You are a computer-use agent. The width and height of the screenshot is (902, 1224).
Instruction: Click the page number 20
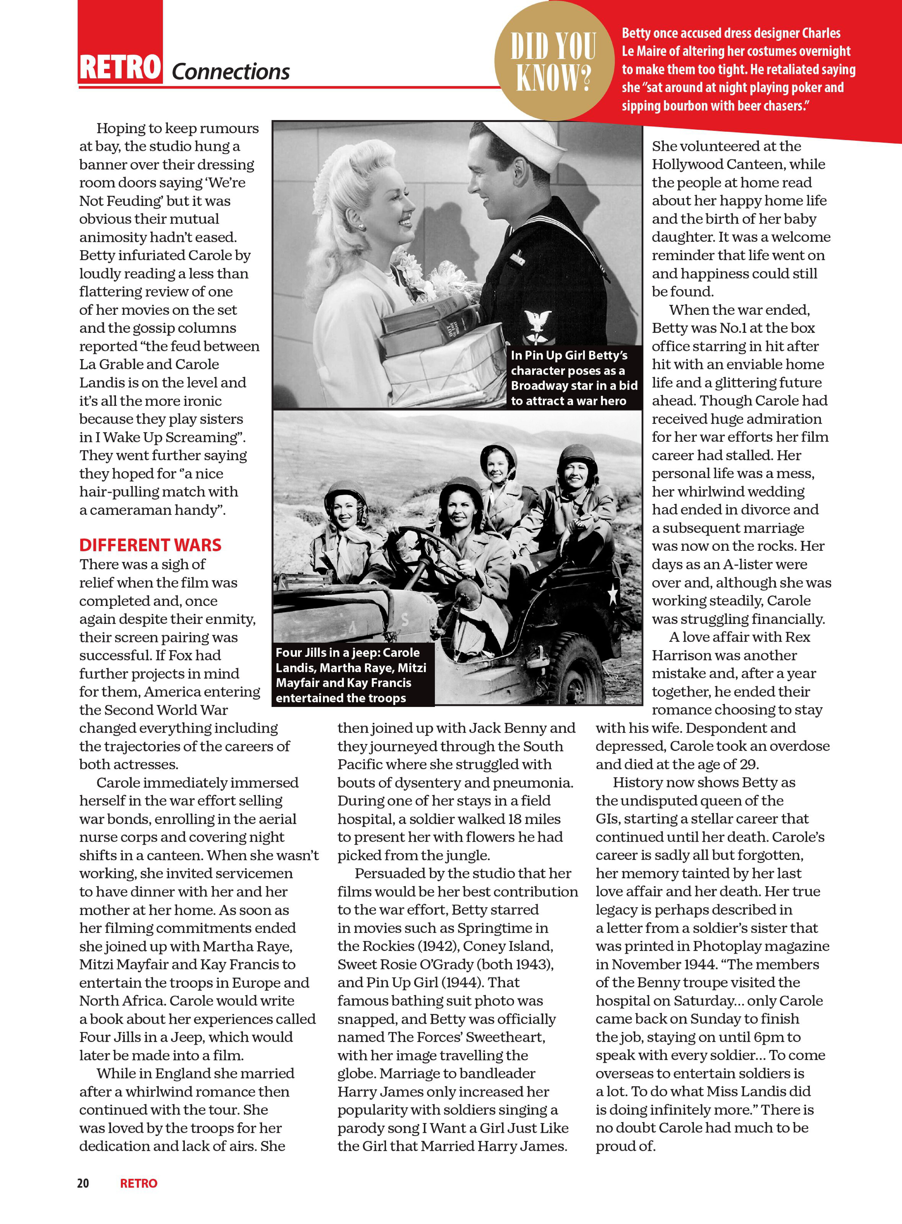click(x=83, y=1183)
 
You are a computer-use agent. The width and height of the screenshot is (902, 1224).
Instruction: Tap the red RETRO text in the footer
click(x=139, y=1183)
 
